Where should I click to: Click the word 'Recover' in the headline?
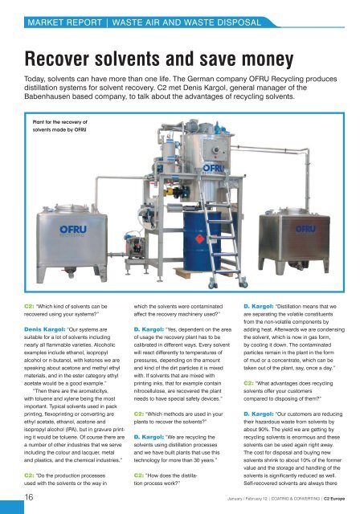click(x=61, y=59)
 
